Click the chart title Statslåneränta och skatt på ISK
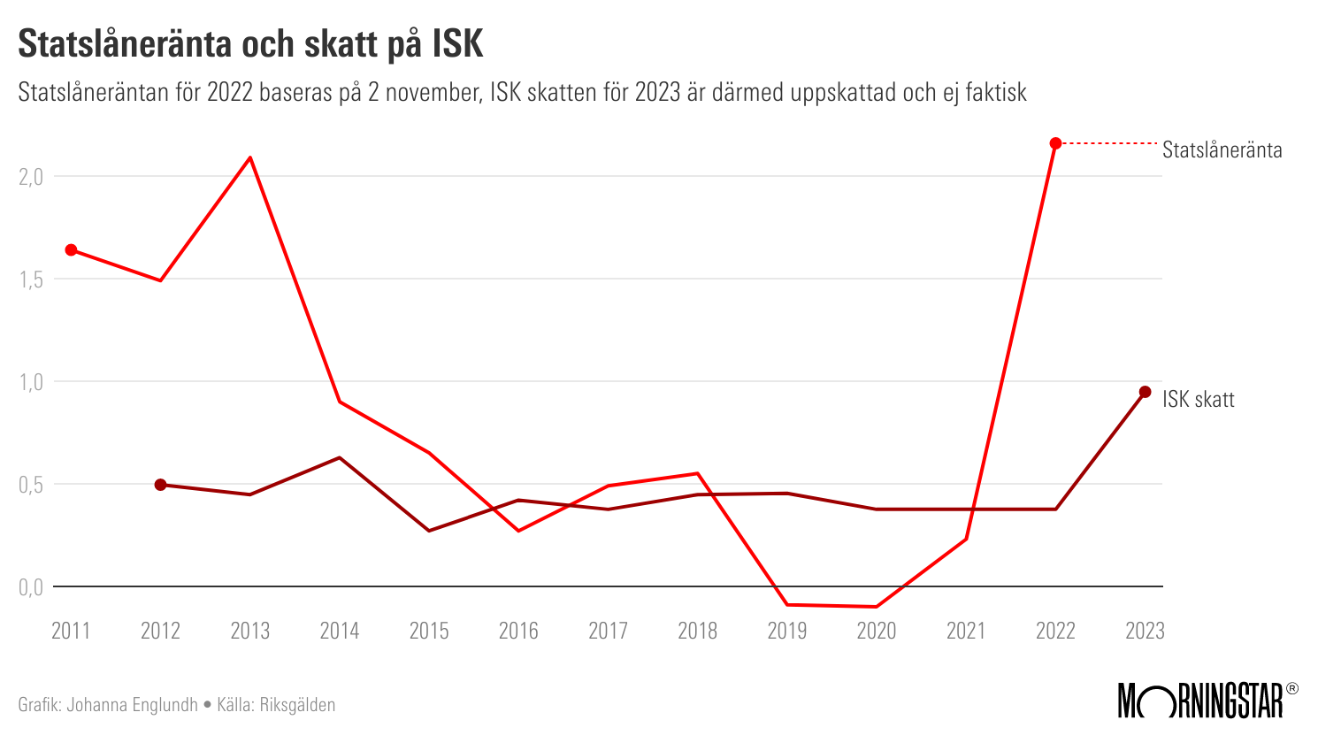(250, 44)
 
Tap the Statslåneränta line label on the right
(1222, 150)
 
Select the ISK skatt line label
(1198, 400)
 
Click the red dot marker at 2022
(1055, 143)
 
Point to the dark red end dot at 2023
(1145, 392)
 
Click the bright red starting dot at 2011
(72, 250)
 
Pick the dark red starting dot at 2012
(161, 485)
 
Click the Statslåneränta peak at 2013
(250, 157)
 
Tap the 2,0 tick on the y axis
(31, 177)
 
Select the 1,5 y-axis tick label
(31, 280)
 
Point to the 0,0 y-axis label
(31, 587)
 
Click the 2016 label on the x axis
(518, 631)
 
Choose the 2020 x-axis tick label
(877, 631)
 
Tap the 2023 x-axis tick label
(1145, 631)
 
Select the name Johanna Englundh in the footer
(133, 705)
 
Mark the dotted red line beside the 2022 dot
(1110, 143)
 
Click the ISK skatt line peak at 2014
(340, 457)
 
